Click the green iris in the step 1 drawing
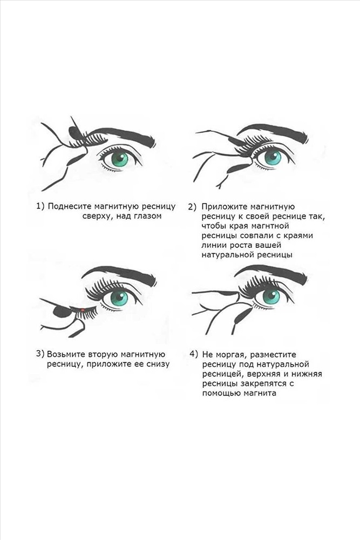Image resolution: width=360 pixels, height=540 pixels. (x=119, y=159)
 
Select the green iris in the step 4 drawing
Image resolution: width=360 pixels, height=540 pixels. (x=271, y=296)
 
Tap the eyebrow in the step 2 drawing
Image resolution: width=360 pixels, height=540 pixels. (x=274, y=133)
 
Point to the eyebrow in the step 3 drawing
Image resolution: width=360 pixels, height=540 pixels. (x=119, y=274)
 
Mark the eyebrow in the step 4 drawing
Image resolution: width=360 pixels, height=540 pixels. (x=270, y=273)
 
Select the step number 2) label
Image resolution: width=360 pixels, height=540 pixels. (x=192, y=207)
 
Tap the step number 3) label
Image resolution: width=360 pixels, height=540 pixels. (x=40, y=354)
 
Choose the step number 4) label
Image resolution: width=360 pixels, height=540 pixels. (x=194, y=354)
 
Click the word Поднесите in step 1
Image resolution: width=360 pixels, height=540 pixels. (x=69, y=206)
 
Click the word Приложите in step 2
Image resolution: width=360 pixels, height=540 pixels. (x=223, y=207)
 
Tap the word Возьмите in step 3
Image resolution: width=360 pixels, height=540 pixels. (x=66, y=354)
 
